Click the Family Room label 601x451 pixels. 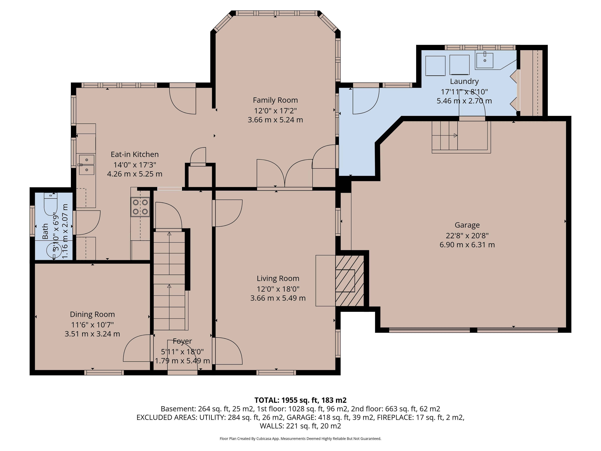point(275,100)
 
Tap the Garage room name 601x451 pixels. point(467,225)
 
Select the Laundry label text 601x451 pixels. point(464,81)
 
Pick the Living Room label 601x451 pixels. point(278,278)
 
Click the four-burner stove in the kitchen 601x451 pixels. point(140,207)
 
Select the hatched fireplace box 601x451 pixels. point(350,281)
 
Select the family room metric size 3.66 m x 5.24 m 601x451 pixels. point(275,120)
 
